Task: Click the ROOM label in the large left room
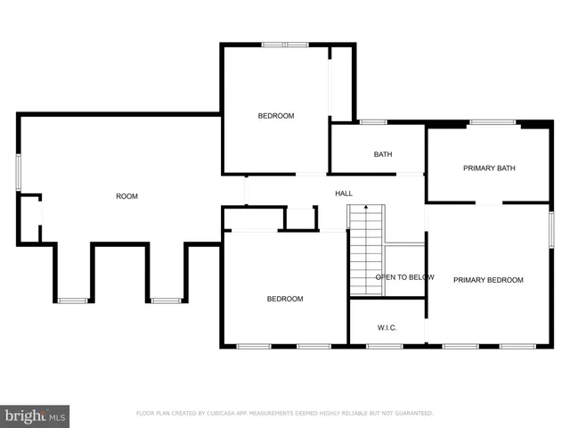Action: tap(126, 196)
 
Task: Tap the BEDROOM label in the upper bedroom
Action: tap(276, 116)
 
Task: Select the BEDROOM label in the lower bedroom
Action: tap(285, 299)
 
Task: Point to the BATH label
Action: tap(383, 154)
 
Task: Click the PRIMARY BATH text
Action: tap(489, 168)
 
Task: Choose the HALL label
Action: tap(344, 193)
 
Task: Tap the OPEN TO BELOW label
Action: tap(404, 277)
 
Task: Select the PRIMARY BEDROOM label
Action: tap(488, 280)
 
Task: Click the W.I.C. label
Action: tap(387, 328)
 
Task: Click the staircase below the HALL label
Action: tap(365, 250)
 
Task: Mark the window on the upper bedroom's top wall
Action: tap(285, 44)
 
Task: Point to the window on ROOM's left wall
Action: tap(18, 171)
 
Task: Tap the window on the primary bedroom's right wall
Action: tap(551, 229)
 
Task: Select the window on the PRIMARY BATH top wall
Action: tap(493, 122)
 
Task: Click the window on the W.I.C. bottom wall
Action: tap(384, 346)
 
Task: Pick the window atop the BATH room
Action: tap(372, 122)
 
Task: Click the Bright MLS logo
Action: tap(36, 416)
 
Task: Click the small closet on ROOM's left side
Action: tap(29, 219)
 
